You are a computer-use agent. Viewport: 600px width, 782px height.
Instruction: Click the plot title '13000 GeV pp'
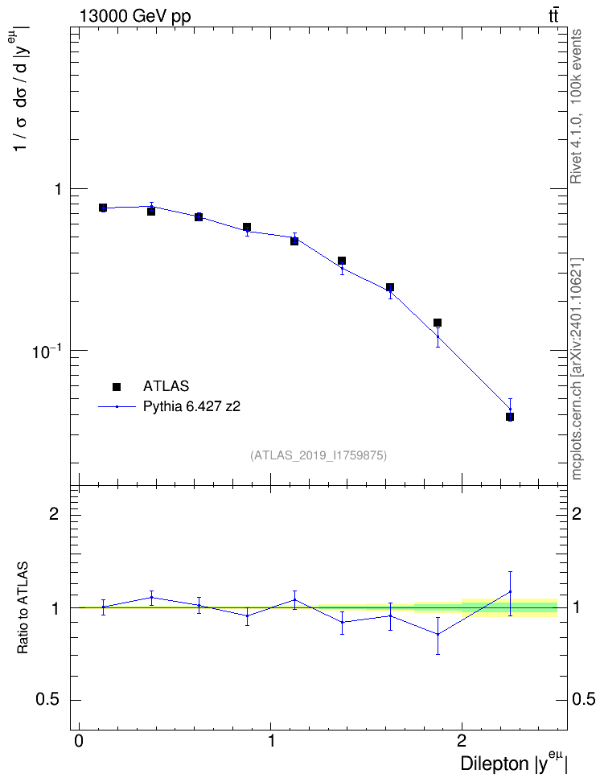pos(134,16)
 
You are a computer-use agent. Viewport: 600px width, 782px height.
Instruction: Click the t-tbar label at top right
pos(553,16)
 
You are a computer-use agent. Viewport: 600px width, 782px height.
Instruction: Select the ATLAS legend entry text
pos(166,386)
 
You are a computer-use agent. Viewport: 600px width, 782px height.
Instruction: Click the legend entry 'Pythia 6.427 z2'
pos(191,406)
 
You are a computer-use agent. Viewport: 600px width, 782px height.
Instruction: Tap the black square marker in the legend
pos(117,386)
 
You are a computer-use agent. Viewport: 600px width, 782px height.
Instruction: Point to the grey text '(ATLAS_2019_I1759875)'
pos(318,455)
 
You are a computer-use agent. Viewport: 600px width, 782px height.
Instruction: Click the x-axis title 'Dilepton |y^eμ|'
pos(514,763)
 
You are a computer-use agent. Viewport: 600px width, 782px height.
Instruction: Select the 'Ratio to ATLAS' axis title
pos(23,607)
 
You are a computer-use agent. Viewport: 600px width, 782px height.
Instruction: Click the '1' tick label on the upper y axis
pos(58,190)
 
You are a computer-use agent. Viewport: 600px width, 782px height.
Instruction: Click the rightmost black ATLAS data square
pos(510,417)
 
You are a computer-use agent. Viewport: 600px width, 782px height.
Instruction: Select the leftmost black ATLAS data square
pos(103,208)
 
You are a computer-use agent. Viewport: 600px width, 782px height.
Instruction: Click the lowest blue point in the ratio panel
pos(438,635)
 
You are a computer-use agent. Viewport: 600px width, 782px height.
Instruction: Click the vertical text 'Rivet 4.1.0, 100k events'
pos(576,106)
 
